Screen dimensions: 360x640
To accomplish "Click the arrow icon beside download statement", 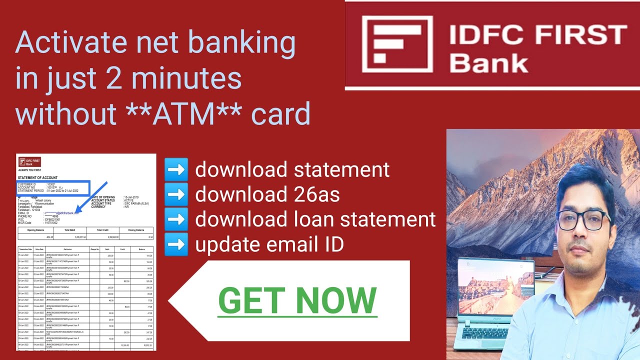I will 176,169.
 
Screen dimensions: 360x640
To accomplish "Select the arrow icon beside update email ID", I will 176,244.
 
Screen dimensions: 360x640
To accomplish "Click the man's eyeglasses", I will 580,220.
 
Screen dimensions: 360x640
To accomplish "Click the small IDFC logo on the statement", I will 29,162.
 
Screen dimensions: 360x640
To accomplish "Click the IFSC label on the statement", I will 20,219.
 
